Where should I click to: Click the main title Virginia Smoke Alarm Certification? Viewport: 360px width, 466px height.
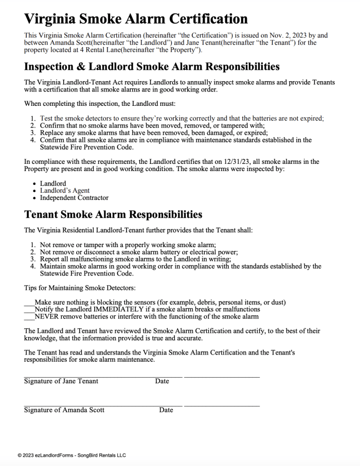136,19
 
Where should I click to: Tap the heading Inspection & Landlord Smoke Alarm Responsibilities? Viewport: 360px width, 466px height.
152,67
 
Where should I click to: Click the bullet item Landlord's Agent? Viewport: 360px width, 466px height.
65,191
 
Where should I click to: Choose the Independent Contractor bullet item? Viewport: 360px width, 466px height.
74,198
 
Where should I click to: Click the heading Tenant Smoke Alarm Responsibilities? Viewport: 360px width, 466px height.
113,214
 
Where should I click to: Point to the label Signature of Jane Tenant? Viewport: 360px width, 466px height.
61,381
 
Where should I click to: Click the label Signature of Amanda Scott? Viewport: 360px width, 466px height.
64,410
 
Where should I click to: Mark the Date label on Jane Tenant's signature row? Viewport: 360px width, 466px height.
162,381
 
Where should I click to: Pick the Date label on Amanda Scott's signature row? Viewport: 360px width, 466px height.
166,410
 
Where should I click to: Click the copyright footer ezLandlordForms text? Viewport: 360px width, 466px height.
71,455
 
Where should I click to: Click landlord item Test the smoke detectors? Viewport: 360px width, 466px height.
182,118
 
